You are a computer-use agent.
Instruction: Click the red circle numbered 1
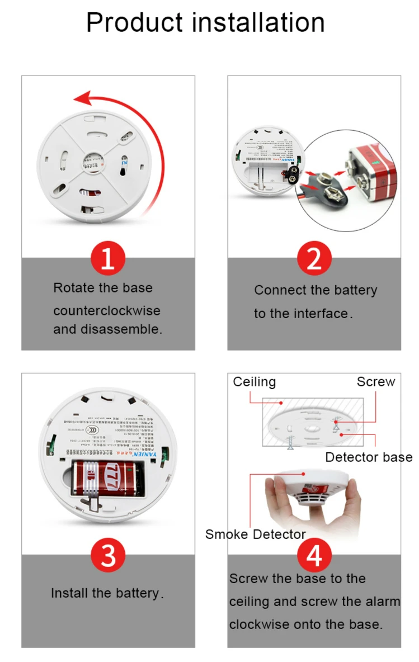[107, 259]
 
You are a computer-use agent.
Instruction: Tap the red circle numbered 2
[314, 259]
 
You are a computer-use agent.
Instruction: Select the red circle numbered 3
[107, 556]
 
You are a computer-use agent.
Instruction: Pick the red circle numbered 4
[314, 556]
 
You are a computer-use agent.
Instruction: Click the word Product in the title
[134, 23]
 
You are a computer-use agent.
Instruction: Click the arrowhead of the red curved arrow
[83, 100]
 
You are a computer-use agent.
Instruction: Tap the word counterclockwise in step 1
[106, 310]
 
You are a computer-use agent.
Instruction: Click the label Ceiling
[255, 382]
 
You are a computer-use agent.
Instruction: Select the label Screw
[376, 382]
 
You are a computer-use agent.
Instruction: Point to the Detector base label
[369, 457]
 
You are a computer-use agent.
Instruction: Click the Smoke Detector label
[255, 534]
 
